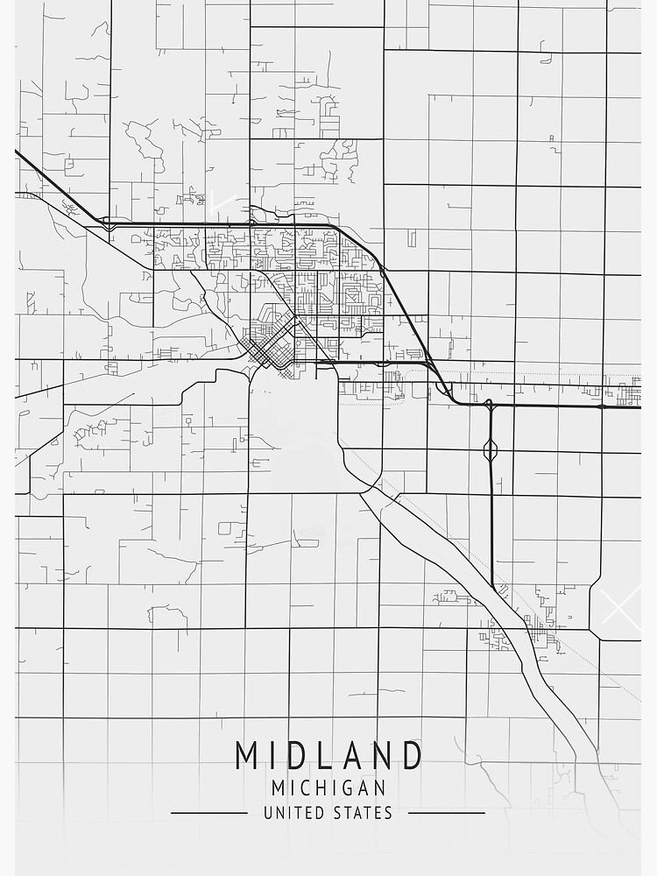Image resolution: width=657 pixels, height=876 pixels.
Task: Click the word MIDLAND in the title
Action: click(328, 756)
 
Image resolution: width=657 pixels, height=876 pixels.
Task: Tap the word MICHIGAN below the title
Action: click(328, 788)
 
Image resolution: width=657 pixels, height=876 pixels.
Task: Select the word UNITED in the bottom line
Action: click(294, 813)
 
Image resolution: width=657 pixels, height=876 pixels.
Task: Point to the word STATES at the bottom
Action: click(364, 813)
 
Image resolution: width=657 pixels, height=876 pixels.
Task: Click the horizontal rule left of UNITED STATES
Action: click(209, 813)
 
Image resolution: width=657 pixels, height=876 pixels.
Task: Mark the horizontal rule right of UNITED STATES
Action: click(446, 813)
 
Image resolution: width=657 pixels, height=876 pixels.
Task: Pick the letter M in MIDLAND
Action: click(248, 756)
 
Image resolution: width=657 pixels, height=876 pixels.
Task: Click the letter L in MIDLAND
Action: click(314, 756)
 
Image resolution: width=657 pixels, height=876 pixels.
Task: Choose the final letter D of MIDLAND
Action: click(411, 756)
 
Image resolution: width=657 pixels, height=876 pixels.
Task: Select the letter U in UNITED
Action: click(268, 813)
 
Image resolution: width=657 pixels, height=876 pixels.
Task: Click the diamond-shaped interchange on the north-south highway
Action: click(491, 449)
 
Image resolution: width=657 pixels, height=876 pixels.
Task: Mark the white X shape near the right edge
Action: click(621, 605)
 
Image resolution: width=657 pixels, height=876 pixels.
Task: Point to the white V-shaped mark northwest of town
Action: click(221, 201)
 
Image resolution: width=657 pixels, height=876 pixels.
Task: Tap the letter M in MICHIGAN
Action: click(279, 788)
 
